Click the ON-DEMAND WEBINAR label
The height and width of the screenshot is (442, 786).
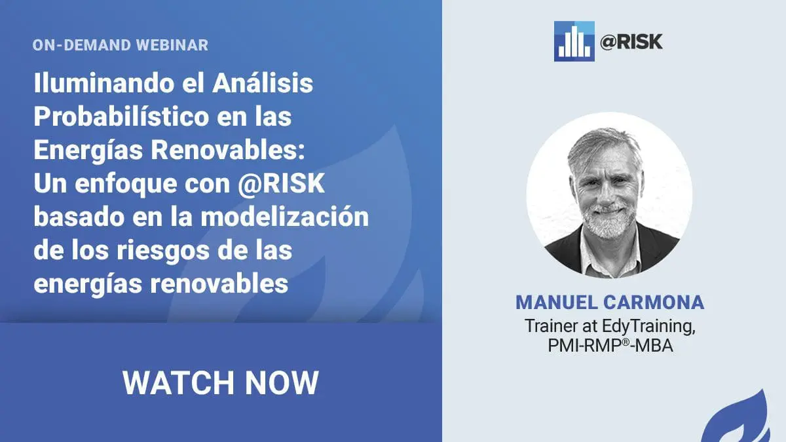[x=121, y=45]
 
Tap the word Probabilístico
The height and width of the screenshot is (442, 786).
[x=121, y=116]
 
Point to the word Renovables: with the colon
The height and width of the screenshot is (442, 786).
[x=228, y=149]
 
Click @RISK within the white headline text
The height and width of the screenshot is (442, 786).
[x=281, y=183]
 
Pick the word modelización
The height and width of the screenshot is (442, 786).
[x=284, y=216]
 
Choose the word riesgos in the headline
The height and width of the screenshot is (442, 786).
[x=163, y=251]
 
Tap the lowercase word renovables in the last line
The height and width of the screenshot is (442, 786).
[x=219, y=284]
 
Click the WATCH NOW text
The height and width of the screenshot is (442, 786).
[x=221, y=382]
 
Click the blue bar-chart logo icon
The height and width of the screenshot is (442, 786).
[x=574, y=41]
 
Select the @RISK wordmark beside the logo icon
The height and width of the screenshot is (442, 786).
[x=631, y=42]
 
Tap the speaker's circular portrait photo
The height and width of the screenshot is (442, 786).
[x=610, y=195]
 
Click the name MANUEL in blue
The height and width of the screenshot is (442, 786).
[x=555, y=303]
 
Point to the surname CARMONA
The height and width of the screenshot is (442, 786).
[x=654, y=303]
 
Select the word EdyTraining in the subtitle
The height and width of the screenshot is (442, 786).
[x=649, y=327]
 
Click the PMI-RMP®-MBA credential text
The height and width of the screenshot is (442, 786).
[x=610, y=346]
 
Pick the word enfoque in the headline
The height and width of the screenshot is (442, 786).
[x=126, y=184]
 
